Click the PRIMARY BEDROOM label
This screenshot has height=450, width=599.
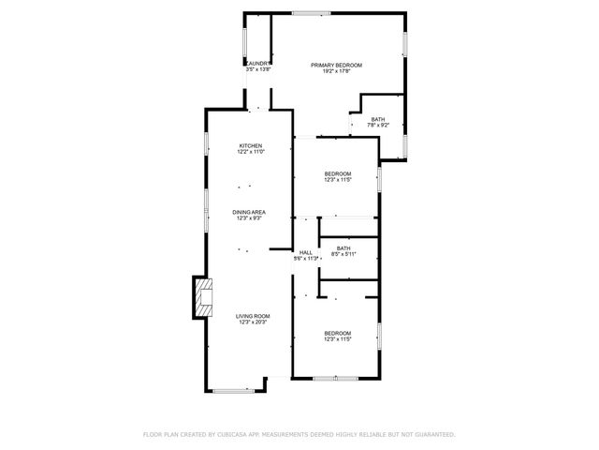[x=336, y=64]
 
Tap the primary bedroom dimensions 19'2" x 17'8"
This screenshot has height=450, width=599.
[x=336, y=70]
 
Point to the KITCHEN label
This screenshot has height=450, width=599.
[x=250, y=145]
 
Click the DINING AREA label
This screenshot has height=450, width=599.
[x=250, y=213]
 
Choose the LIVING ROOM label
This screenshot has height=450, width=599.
[x=253, y=316]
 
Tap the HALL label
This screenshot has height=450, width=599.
[x=306, y=252]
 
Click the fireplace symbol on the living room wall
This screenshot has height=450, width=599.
[x=202, y=297]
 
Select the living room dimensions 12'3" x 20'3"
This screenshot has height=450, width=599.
[x=253, y=322]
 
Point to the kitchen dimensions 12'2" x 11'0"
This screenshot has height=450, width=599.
[x=250, y=152]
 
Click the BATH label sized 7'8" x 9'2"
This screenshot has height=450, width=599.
[x=378, y=119]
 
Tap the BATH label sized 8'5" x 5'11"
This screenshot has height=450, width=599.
[x=344, y=247]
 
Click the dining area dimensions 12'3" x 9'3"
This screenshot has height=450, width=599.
[x=249, y=219]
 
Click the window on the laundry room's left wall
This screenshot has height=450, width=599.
[x=245, y=42]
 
